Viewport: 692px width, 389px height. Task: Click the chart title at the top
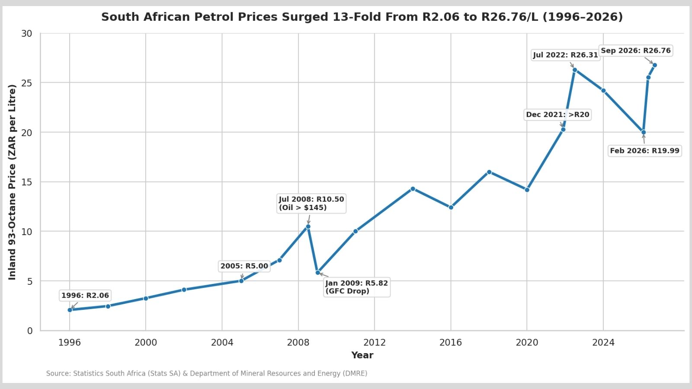click(362, 17)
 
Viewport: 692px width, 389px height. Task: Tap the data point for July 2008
click(308, 226)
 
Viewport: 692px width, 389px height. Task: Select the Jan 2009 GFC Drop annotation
click(357, 287)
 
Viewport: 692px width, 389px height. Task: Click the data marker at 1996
click(70, 309)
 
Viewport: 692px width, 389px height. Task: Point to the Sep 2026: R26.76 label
click(636, 51)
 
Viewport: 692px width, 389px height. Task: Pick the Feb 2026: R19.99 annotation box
click(645, 151)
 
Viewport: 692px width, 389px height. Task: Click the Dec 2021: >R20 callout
click(557, 115)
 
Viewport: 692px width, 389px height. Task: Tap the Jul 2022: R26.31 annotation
click(566, 55)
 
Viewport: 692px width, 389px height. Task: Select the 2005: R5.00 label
click(244, 266)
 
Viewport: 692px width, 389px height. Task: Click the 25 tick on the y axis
click(27, 83)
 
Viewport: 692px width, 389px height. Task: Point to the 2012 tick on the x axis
click(375, 342)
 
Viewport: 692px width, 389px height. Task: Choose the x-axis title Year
click(362, 355)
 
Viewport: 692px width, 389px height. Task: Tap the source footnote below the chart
click(207, 373)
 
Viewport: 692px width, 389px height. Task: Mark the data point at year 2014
click(413, 188)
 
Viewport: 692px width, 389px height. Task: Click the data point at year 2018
click(489, 172)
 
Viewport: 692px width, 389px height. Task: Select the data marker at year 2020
click(527, 190)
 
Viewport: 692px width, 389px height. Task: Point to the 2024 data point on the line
click(603, 90)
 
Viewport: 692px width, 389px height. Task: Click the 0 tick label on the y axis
click(30, 331)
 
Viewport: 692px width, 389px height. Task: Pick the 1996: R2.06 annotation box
click(85, 296)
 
